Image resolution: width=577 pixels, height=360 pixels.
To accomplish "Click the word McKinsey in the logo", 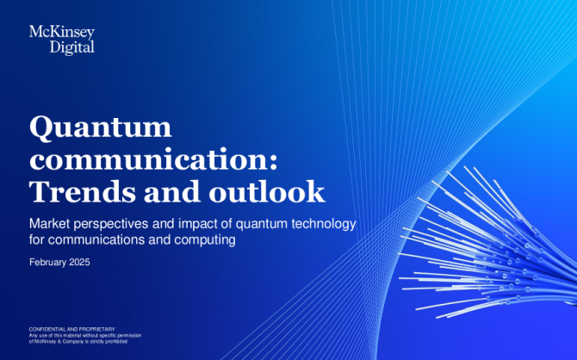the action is tap(62, 33).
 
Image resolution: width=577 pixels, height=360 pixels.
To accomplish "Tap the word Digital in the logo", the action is tap(72, 47).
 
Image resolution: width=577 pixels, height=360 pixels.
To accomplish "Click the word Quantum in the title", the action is tap(101, 127).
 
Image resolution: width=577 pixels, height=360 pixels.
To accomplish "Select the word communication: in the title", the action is tap(153, 159).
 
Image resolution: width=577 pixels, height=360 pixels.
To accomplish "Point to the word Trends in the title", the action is tap(83, 191).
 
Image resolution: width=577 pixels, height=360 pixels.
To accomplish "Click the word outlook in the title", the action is tap(267, 191).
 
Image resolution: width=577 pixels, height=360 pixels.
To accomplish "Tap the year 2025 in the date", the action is tap(79, 262).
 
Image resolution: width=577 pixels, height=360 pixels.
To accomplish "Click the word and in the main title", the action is tap(172, 191).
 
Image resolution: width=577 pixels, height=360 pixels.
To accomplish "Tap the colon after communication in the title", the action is tap(274, 162).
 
